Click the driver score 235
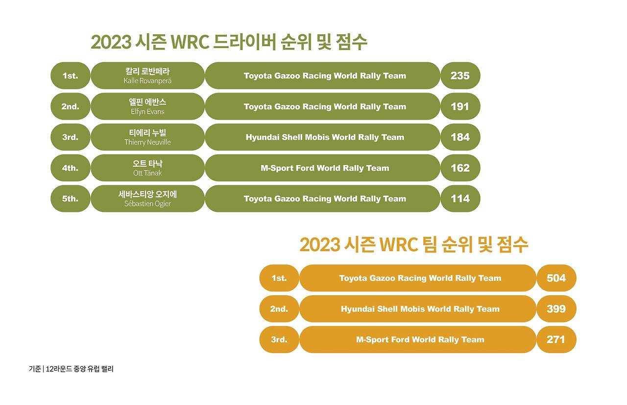(460, 76)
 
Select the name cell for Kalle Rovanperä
(147, 76)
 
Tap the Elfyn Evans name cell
(147, 106)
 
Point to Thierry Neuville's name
(147, 137)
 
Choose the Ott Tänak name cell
(147, 168)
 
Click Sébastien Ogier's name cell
(147, 199)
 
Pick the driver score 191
(460, 106)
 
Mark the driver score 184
(460, 137)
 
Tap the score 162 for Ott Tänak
(460, 168)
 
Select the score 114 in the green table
(460, 199)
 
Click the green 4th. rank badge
(70, 168)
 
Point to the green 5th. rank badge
(70, 199)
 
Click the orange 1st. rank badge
(279, 278)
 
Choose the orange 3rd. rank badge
(279, 339)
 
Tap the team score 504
(556, 278)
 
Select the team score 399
(556, 309)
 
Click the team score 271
(556, 339)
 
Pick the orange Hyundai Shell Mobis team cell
(420, 309)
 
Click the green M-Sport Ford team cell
(325, 168)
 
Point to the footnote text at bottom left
(71, 369)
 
